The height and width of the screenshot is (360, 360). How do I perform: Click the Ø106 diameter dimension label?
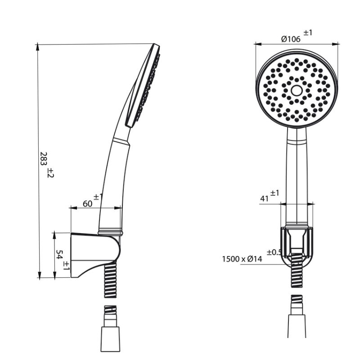coord(291,39)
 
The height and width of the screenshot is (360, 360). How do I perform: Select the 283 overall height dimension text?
coord(44,159)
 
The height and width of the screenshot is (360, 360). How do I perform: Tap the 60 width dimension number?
coord(87,203)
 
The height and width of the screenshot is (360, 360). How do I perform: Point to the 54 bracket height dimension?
coord(59,255)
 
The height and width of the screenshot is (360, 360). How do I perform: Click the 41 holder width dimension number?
coord(265,198)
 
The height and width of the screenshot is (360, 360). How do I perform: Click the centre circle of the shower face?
coord(297,90)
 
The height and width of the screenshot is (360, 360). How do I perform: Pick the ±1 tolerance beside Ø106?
coord(308,33)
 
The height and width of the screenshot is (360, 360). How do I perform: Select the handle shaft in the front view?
coord(297,175)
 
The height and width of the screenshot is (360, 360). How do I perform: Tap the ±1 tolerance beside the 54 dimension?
coord(66,265)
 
